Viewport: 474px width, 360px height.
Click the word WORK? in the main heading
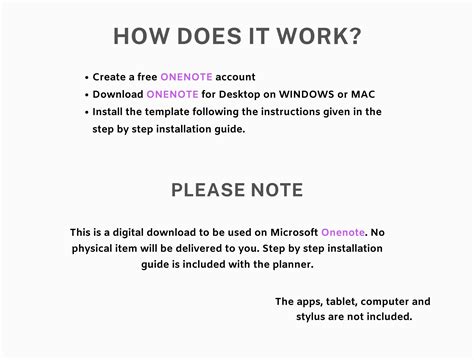(315, 38)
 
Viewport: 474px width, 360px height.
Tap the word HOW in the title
(143, 38)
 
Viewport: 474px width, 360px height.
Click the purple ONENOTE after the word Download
(174, 94)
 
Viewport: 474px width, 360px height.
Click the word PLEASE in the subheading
(207, 189)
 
